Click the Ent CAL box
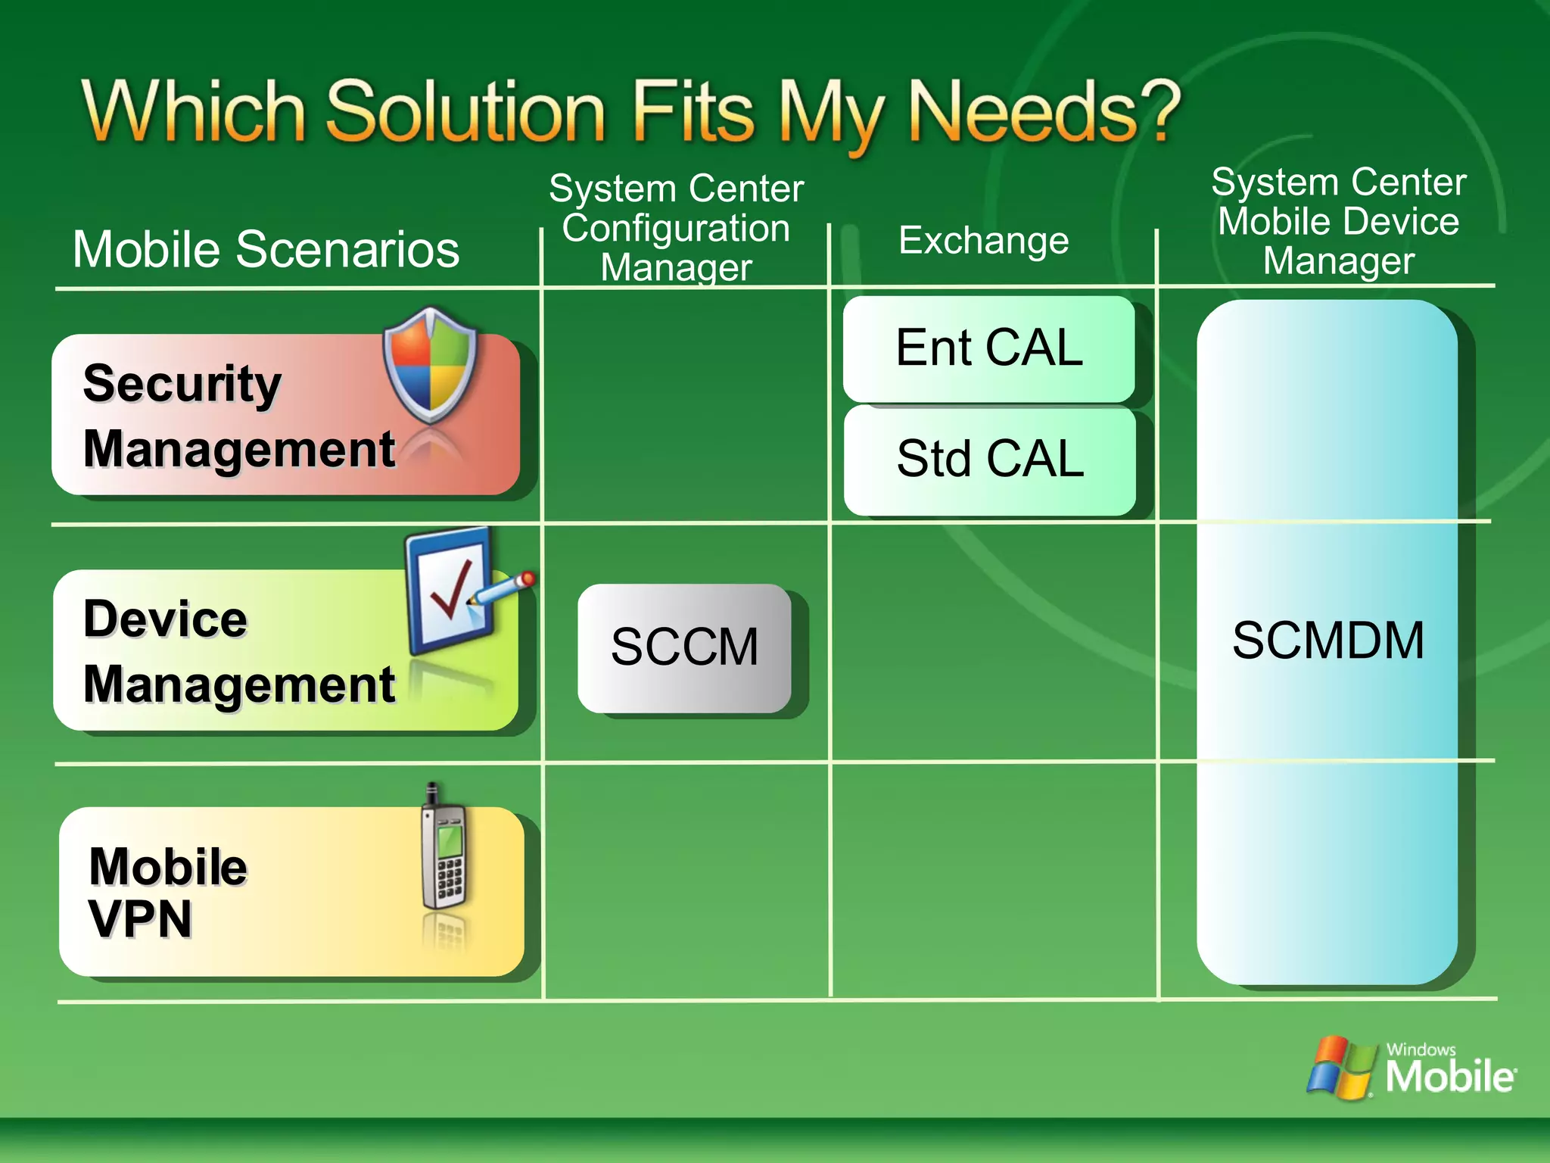point(988,348)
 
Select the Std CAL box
point(989,460)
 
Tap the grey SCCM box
point(684,647)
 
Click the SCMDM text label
point(1328,641)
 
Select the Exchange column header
point(983,241)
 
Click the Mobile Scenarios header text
point(266,249)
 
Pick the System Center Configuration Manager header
point(676,228)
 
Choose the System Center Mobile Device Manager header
point(1338,222)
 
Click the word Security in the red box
point(182,383)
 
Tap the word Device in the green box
point(165,619)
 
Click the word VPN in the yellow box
point(141,919)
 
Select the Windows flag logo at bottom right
point(1340,1066)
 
